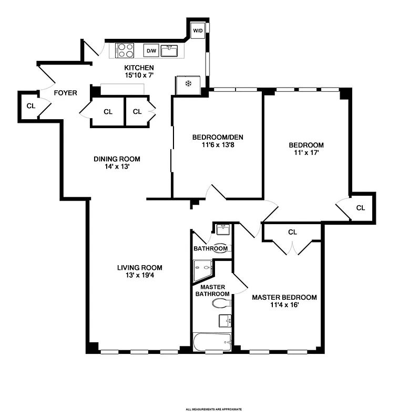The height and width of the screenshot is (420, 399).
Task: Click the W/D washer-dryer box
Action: coord(198,30)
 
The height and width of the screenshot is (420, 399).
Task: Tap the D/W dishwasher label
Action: coord(151,51)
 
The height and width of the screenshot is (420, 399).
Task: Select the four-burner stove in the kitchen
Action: coord(125,50)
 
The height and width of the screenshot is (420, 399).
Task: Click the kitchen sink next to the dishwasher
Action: coord(169,51)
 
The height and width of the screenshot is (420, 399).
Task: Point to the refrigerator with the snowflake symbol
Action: coord(187,84)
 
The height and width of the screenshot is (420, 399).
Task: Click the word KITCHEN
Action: coord(139,68)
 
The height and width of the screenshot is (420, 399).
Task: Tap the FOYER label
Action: coord(66,93)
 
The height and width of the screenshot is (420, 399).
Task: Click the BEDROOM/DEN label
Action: coord(218,137)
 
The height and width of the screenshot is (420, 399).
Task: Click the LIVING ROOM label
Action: coord(139,267)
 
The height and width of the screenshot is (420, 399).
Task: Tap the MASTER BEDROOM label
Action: coord(284,297)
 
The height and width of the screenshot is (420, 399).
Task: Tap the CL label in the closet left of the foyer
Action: coord(31,105)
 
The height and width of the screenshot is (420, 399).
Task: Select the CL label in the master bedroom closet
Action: coord(292,232)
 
